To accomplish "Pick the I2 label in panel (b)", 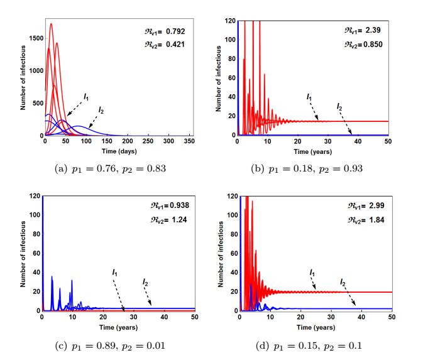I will (340, 106).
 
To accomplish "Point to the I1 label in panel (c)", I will (114, 272).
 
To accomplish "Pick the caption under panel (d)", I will (315, 346).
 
